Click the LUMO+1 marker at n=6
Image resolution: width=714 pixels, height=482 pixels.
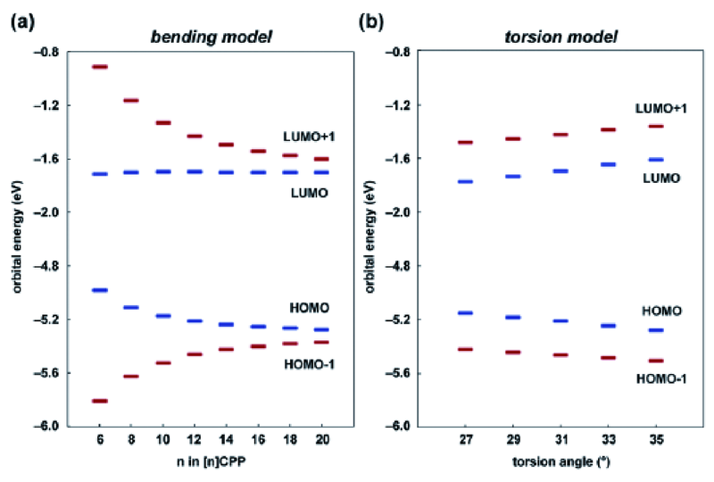(x=100, y=67)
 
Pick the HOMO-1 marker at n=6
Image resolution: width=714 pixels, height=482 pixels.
(x=100, y=401)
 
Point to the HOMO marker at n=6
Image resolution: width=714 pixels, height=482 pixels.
(x=100, y=290)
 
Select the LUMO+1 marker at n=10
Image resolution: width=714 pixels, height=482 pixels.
(x=163, y=122)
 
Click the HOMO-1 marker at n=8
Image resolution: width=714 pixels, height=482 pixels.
(x=131, y=377)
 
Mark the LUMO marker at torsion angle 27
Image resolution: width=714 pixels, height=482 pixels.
(x=464, y=181)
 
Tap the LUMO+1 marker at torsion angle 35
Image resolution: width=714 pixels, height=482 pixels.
(x=655, y=127)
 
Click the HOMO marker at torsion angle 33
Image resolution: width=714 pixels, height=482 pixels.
(x=608, y=326)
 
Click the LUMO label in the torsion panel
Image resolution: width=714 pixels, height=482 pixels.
(x=662, y=179)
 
